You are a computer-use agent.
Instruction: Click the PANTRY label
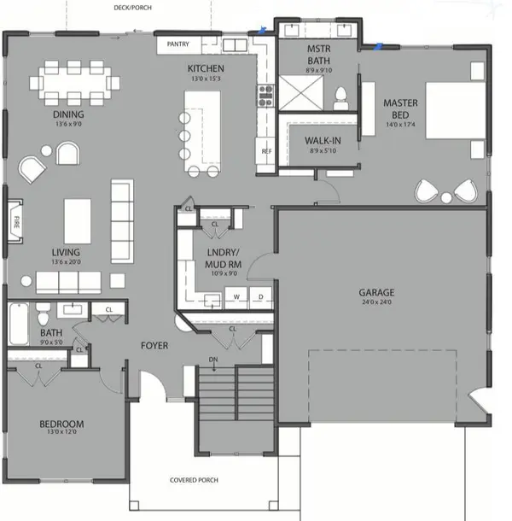(178, 44)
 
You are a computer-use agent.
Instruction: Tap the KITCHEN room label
(206, 68)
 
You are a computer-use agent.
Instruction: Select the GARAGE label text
(375, 292)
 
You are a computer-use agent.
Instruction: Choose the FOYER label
(154, 346)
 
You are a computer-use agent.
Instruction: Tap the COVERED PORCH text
(194, 481)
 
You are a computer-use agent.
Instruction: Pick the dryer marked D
(260, 297)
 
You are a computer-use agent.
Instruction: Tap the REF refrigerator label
(266, 151)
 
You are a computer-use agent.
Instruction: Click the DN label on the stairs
(214, 360)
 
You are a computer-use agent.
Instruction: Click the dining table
(79, 83)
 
